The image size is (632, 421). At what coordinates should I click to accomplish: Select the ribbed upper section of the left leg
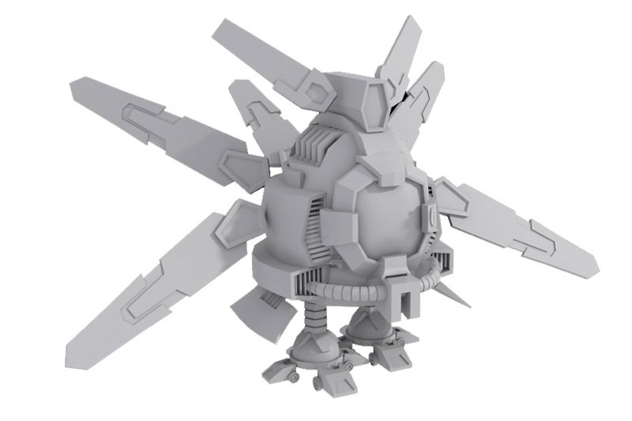[314, 321]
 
